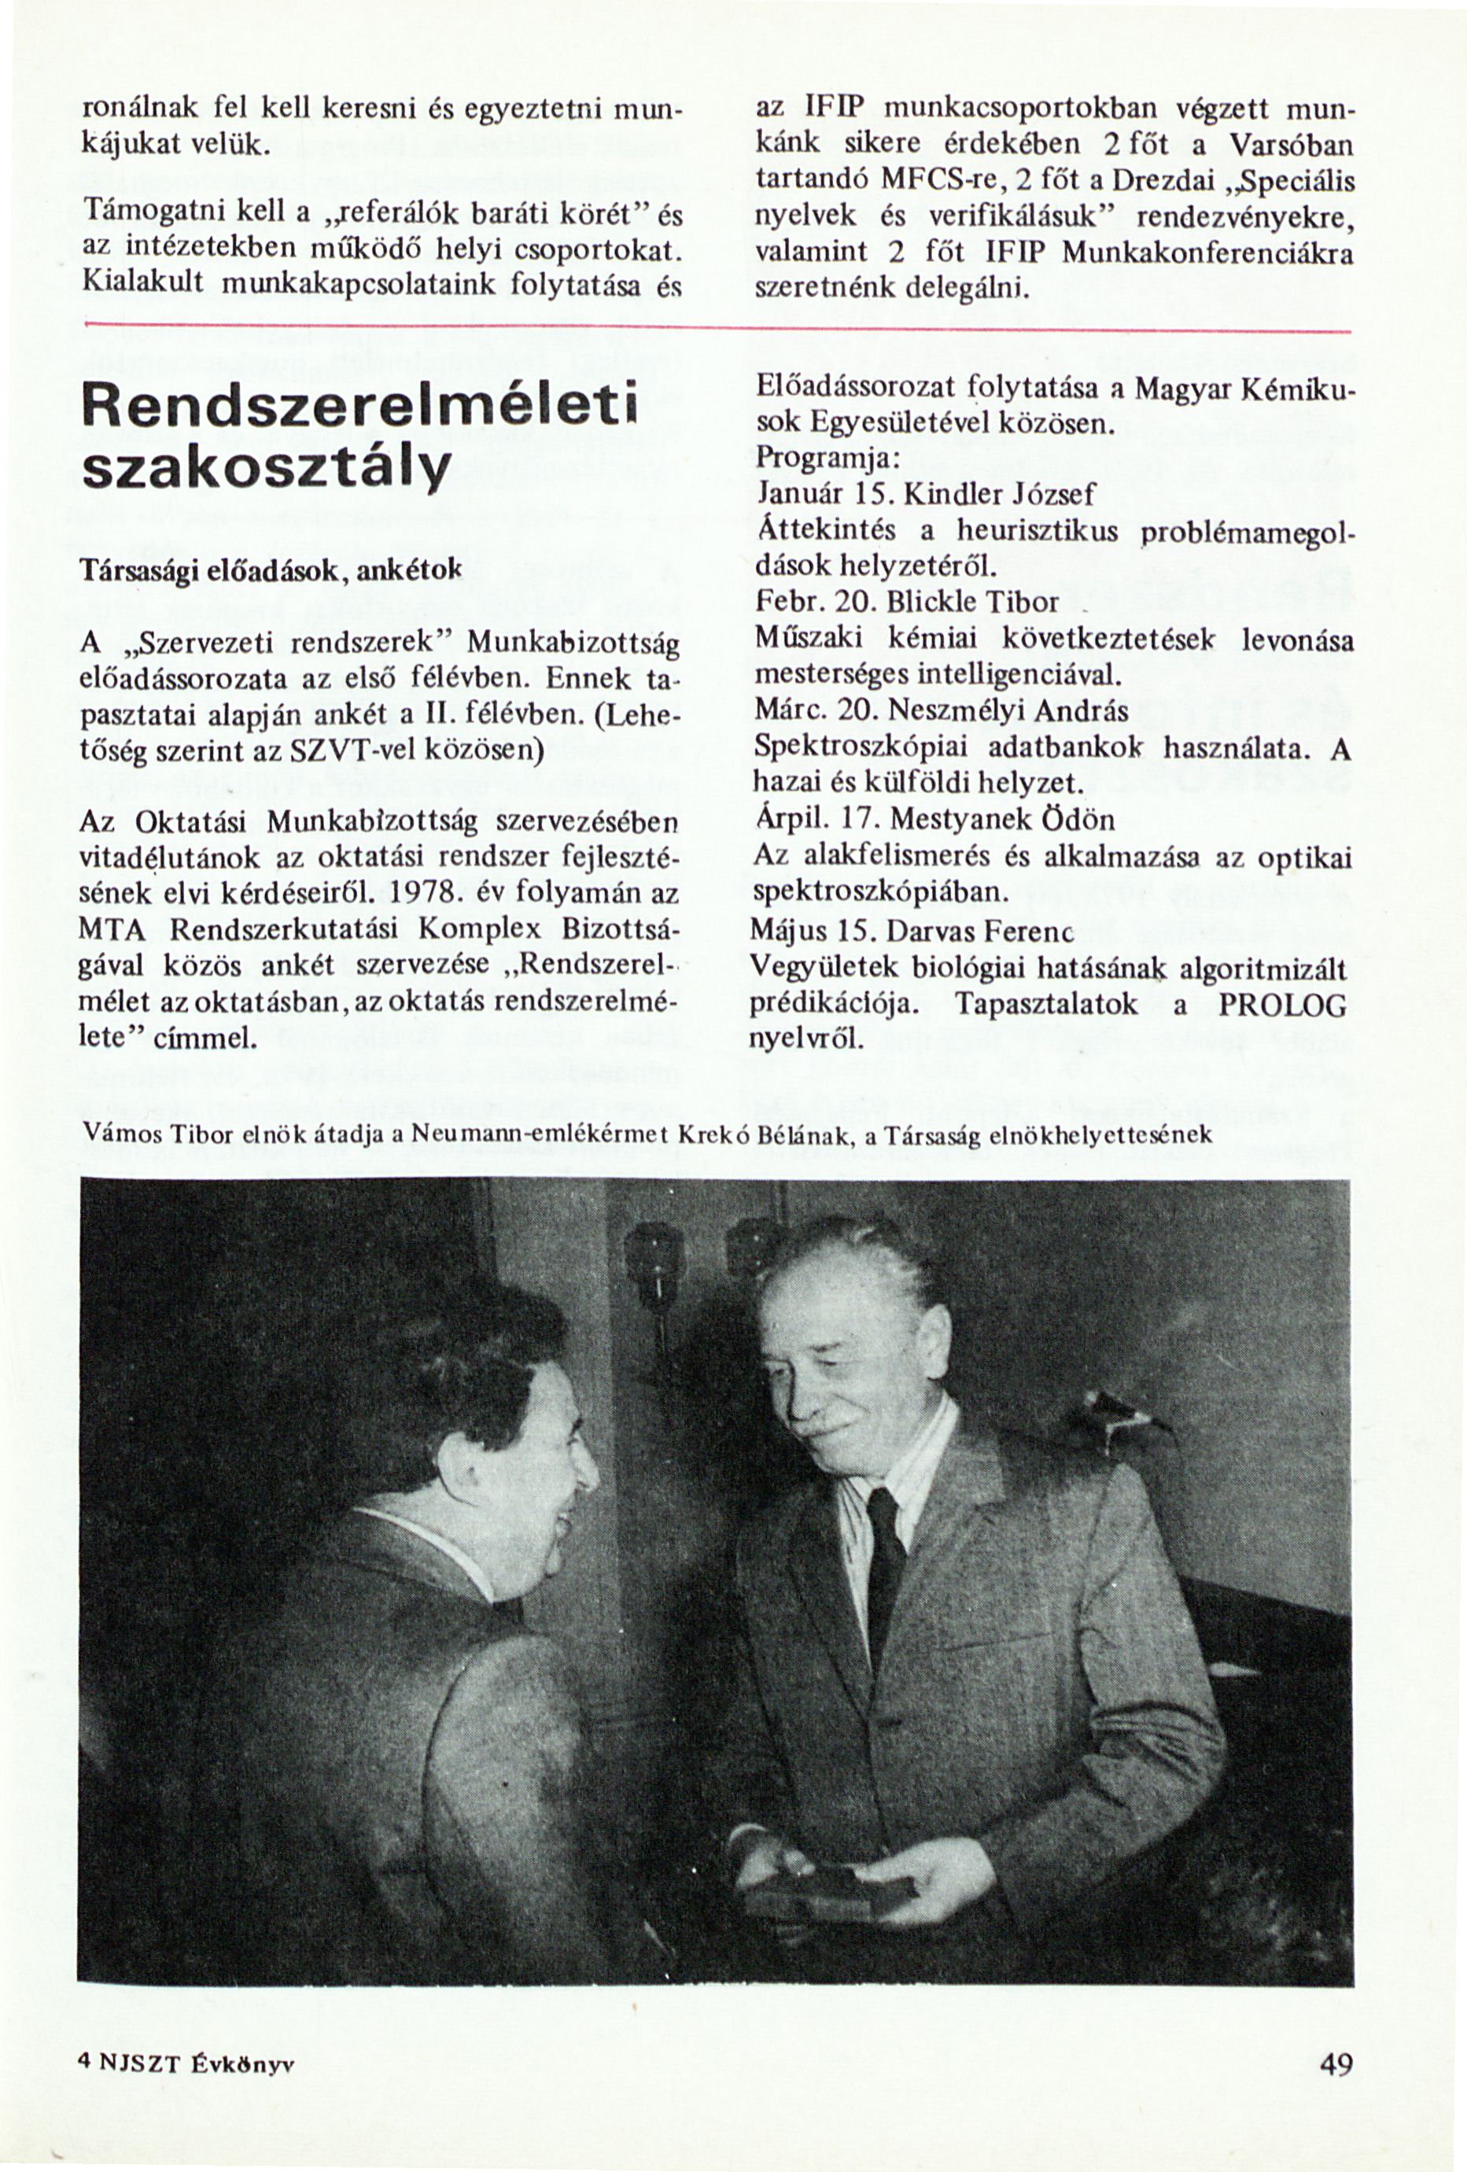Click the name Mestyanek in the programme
tap(954, 820)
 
